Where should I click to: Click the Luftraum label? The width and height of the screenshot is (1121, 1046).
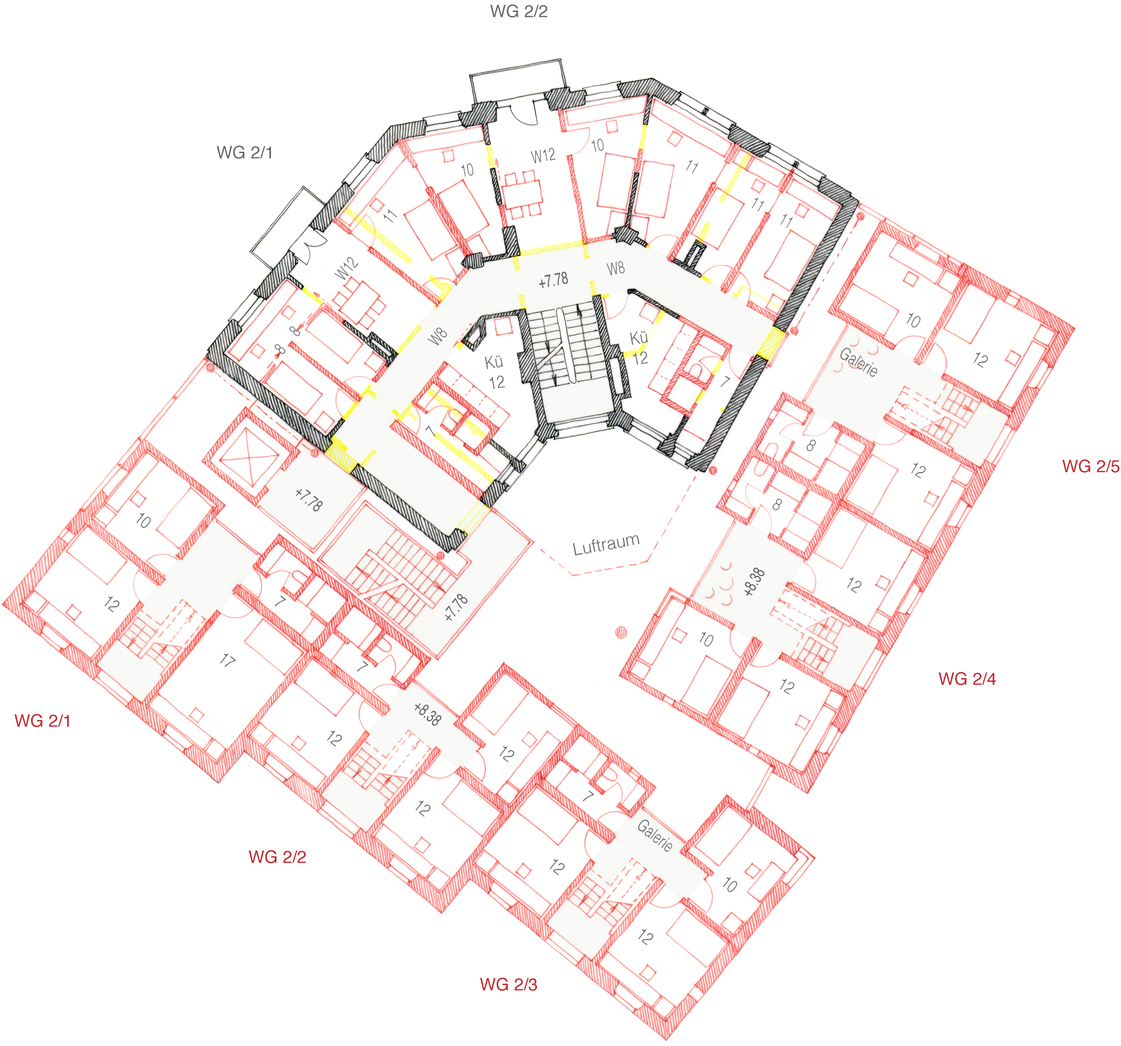[606, 544]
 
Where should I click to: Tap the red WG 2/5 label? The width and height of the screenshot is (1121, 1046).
[1090, 466]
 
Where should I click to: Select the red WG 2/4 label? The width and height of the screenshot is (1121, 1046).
[967, 678]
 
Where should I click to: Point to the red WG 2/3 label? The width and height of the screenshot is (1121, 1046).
[509, 984]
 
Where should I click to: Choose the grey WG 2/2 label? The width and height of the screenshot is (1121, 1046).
[519, 11]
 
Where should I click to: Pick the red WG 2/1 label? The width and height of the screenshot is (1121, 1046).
[43, 721]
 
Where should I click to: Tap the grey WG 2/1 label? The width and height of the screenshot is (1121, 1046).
[245, 152]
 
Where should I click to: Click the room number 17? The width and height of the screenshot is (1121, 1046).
[227, 660]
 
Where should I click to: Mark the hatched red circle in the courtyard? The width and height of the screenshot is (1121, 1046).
[621, 632]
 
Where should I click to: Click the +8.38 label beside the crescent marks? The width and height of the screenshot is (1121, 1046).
[754, 582]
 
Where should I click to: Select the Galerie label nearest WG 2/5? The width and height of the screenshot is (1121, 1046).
[858, 362]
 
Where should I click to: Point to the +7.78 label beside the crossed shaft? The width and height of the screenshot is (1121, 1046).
[309, 499]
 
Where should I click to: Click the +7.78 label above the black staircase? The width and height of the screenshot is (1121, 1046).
[553, 280]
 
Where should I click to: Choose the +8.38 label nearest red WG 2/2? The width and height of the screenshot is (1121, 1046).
[427, 714]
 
